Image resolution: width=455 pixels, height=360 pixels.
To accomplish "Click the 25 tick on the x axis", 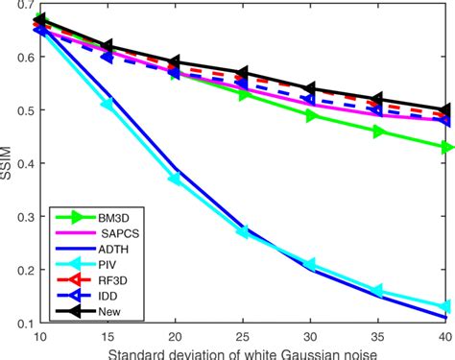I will coord(243,338).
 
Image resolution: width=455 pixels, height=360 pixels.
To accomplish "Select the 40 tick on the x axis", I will coord(445,338).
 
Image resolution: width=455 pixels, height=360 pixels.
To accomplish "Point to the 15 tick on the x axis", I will coord(108,338).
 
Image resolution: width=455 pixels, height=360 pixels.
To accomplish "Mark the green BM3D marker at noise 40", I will coord(445,147).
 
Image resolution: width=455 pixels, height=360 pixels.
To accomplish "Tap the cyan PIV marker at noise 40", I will coord(445,307).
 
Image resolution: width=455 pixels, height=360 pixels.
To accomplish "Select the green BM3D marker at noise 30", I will coord(310,115).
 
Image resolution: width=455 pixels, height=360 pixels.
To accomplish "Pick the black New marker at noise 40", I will coord(445,110).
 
